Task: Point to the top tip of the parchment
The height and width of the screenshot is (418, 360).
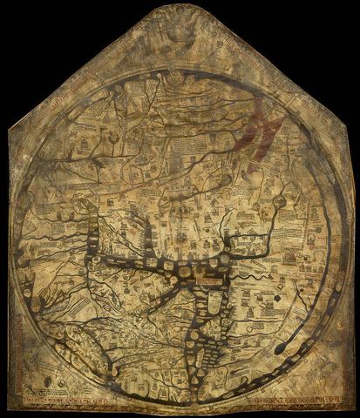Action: coord(179,3)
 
